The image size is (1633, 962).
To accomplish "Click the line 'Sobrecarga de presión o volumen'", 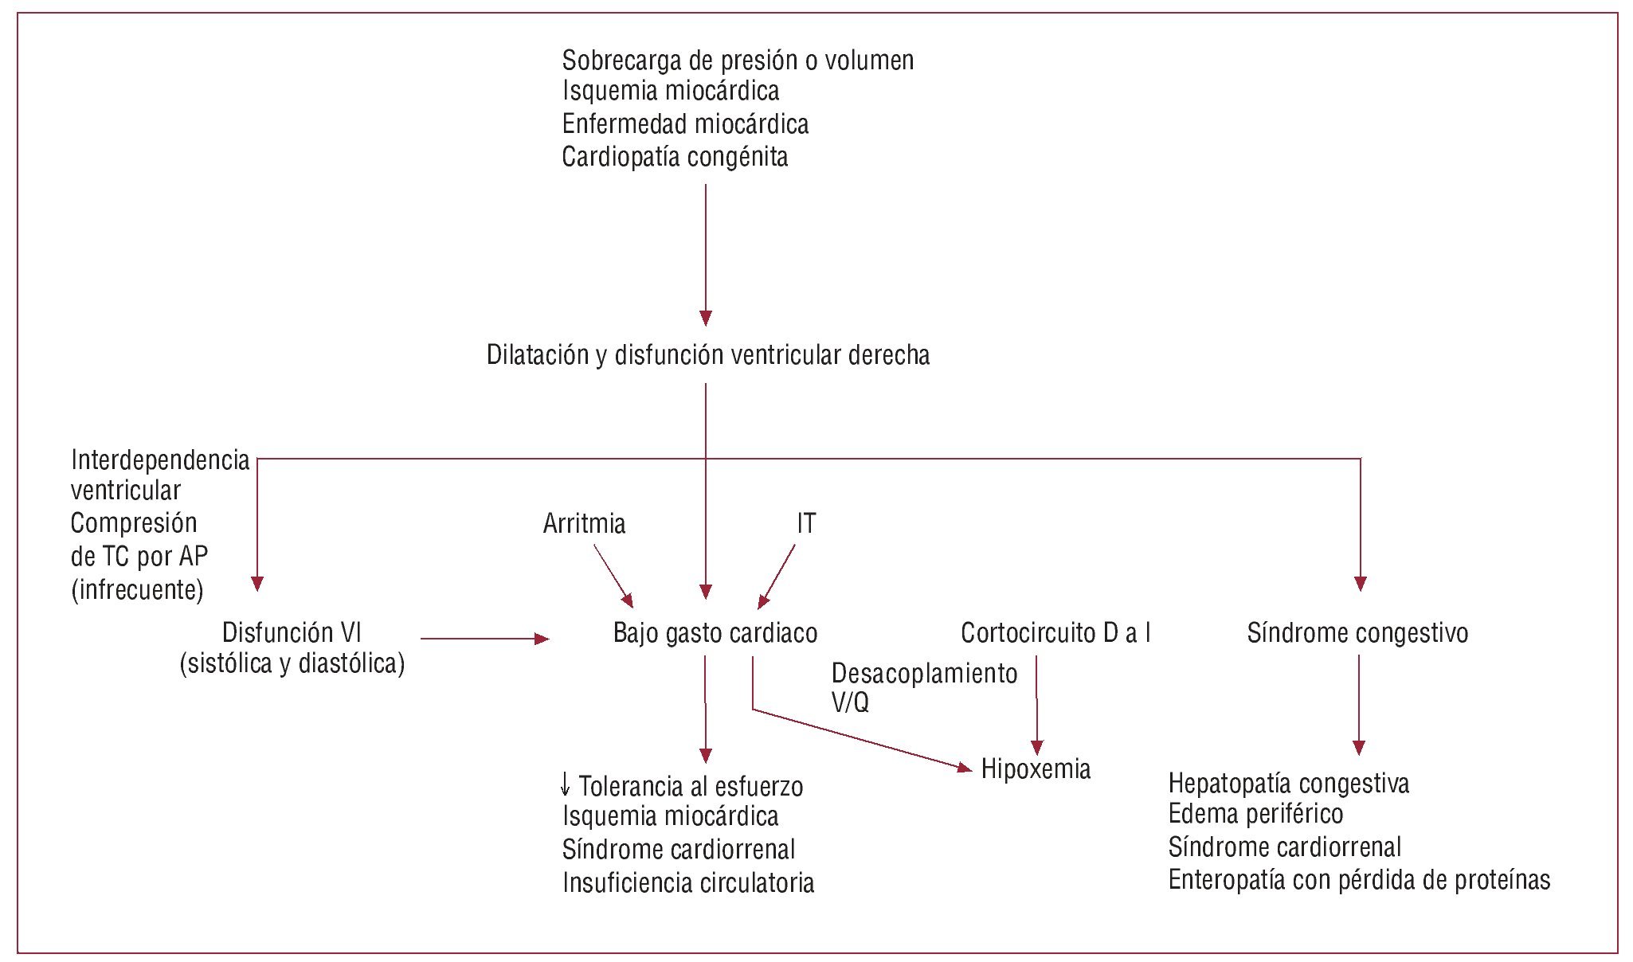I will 738,61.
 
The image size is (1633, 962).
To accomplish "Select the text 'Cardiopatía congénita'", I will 675,157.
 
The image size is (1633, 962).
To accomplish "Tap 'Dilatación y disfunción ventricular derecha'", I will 708,355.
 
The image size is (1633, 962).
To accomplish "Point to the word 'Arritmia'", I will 584,524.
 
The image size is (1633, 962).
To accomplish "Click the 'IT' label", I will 806,524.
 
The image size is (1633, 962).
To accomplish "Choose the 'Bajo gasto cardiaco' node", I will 715,633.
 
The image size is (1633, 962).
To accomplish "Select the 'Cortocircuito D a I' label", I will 1055,633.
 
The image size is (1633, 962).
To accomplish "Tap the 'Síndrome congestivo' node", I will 1357,633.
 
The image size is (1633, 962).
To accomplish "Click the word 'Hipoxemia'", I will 1036,769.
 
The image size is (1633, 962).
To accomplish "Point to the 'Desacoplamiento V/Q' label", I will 924,686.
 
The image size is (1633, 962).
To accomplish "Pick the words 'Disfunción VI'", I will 292,633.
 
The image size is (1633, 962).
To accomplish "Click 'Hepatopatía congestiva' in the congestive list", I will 1288,784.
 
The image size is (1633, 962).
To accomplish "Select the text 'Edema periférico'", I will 1255,814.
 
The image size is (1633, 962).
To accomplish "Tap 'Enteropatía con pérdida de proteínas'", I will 1359,880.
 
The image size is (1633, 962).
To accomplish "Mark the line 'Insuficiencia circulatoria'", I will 688,883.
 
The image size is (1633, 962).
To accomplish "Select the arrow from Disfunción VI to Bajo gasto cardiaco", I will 484,639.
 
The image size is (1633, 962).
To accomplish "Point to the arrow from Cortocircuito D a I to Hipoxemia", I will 1036,705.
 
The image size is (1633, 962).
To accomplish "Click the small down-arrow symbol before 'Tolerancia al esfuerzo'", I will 566,785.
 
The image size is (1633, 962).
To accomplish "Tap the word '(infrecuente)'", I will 137,590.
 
